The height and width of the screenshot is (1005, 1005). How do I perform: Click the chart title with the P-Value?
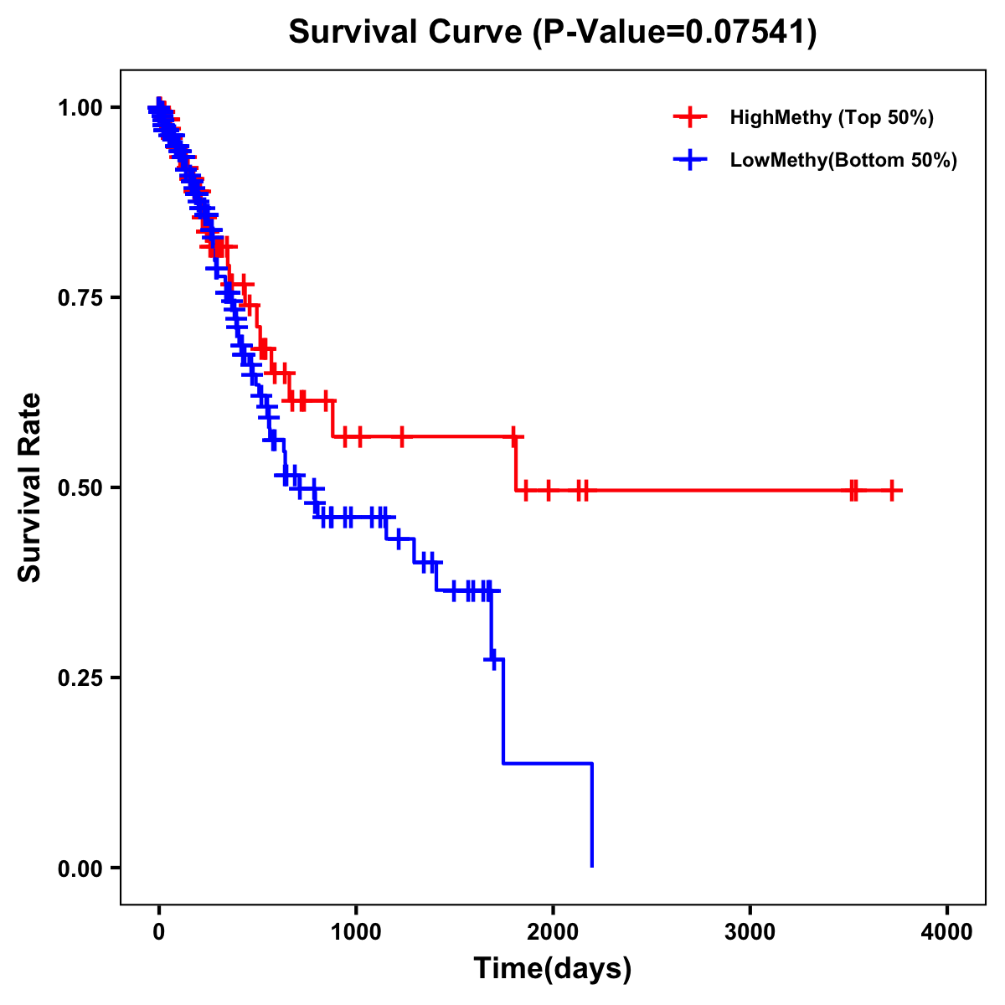553,33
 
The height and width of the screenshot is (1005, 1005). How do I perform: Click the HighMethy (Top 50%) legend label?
832,117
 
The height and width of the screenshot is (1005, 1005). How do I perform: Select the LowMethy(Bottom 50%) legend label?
843,160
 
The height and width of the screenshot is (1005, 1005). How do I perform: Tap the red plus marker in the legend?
690,117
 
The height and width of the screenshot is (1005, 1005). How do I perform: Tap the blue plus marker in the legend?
690,160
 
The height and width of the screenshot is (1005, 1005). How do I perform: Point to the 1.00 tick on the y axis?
80,108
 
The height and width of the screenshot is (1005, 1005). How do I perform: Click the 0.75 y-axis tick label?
80,298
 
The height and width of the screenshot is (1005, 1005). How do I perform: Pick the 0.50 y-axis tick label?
80,487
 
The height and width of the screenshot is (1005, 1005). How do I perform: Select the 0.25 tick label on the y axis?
80,678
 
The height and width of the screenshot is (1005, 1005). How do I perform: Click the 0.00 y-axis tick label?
80,868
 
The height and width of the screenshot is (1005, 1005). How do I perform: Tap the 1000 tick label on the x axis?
356,932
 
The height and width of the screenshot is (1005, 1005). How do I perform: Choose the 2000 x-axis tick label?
553,932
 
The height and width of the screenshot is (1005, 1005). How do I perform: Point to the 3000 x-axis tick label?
750,932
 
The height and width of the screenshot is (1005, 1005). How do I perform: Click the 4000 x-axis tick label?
947,932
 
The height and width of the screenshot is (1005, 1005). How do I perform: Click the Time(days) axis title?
553,969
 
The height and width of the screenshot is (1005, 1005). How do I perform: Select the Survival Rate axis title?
30,487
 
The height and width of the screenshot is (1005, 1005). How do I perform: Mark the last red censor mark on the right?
892,491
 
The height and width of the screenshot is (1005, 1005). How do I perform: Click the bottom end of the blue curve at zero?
592,866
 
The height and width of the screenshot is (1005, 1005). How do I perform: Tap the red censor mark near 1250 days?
402,436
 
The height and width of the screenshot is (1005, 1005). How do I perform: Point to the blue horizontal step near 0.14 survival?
548,764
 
